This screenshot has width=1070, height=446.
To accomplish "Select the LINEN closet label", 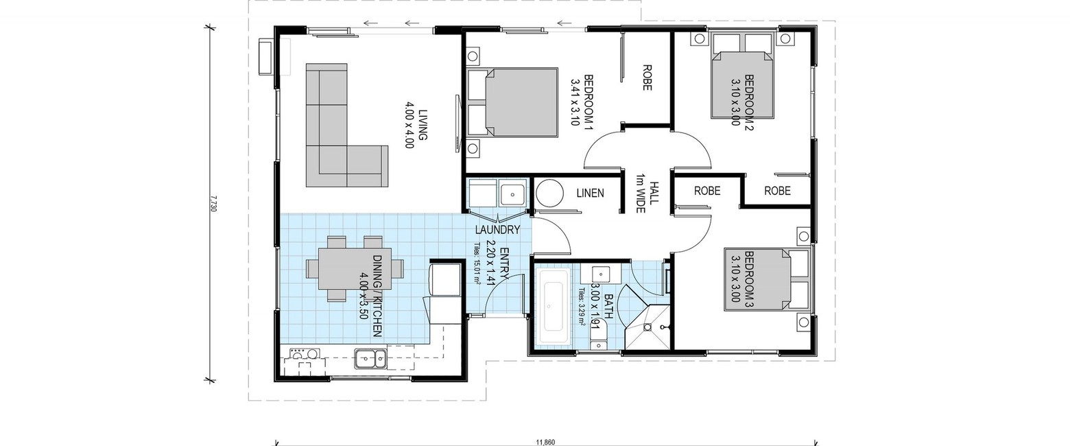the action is tap(590, 193).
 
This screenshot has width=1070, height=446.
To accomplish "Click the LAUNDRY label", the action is tap(497, 230).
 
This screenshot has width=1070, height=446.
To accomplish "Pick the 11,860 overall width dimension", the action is tap(545, 442).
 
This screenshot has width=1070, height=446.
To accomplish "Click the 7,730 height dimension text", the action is tap(213, 203).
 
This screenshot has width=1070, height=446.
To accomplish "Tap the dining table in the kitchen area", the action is tap(355, 268).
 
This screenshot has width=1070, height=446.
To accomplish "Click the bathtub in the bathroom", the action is tap(554, 306).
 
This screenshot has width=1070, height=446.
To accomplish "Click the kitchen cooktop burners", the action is tap(305, 353).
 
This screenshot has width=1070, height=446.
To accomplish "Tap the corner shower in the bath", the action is tap(647, 327).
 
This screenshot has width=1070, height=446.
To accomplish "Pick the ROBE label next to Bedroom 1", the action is tap(647, 78).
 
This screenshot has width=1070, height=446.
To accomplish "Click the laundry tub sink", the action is tap(512, 194).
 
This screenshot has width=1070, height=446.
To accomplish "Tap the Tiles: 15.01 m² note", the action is tap(477, 264).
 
